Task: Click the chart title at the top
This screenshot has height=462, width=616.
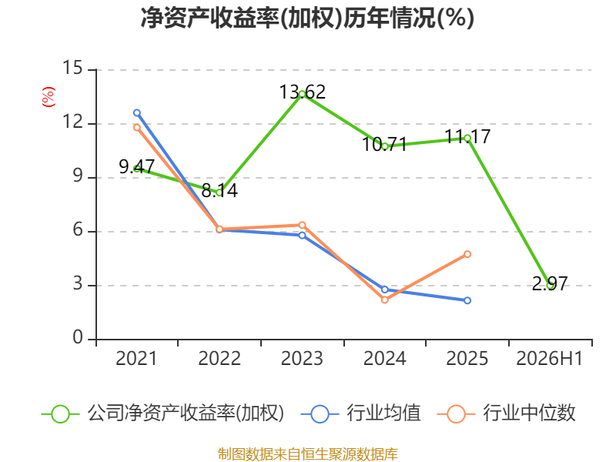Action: tap(307, 18)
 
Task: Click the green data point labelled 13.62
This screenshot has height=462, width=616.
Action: tap(302, 94)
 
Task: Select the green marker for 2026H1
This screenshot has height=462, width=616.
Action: tap(550, 286)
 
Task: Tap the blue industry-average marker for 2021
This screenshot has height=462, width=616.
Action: tap(137, 113)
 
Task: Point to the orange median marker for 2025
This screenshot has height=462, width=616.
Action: tap(467, 254)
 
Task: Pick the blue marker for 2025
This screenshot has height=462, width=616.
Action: tap(467, 300)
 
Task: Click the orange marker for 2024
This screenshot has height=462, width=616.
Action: tap(384, 300)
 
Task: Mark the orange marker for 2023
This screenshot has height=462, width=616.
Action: tap(302, 225)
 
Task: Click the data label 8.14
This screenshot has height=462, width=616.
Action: tap(219, 190)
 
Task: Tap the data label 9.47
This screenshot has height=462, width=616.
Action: tap(137, 167)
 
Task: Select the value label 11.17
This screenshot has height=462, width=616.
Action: tap(467, 137)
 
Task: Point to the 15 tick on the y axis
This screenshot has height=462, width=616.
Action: tap(72, 68)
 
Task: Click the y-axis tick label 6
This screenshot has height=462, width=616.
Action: tap(78, 229)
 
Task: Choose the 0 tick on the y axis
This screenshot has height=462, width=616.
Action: tap(78, 337)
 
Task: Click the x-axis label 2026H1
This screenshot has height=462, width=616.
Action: tap(549, 359)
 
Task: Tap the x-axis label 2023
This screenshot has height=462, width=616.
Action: tap(302, 359)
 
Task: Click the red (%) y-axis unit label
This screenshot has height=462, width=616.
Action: tap(49, 97)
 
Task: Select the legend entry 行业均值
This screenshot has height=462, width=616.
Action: tap(361, 413)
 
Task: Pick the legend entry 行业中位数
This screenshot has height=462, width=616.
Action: tap(507, 413)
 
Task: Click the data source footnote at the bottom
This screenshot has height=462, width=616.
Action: tap(308, 454)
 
